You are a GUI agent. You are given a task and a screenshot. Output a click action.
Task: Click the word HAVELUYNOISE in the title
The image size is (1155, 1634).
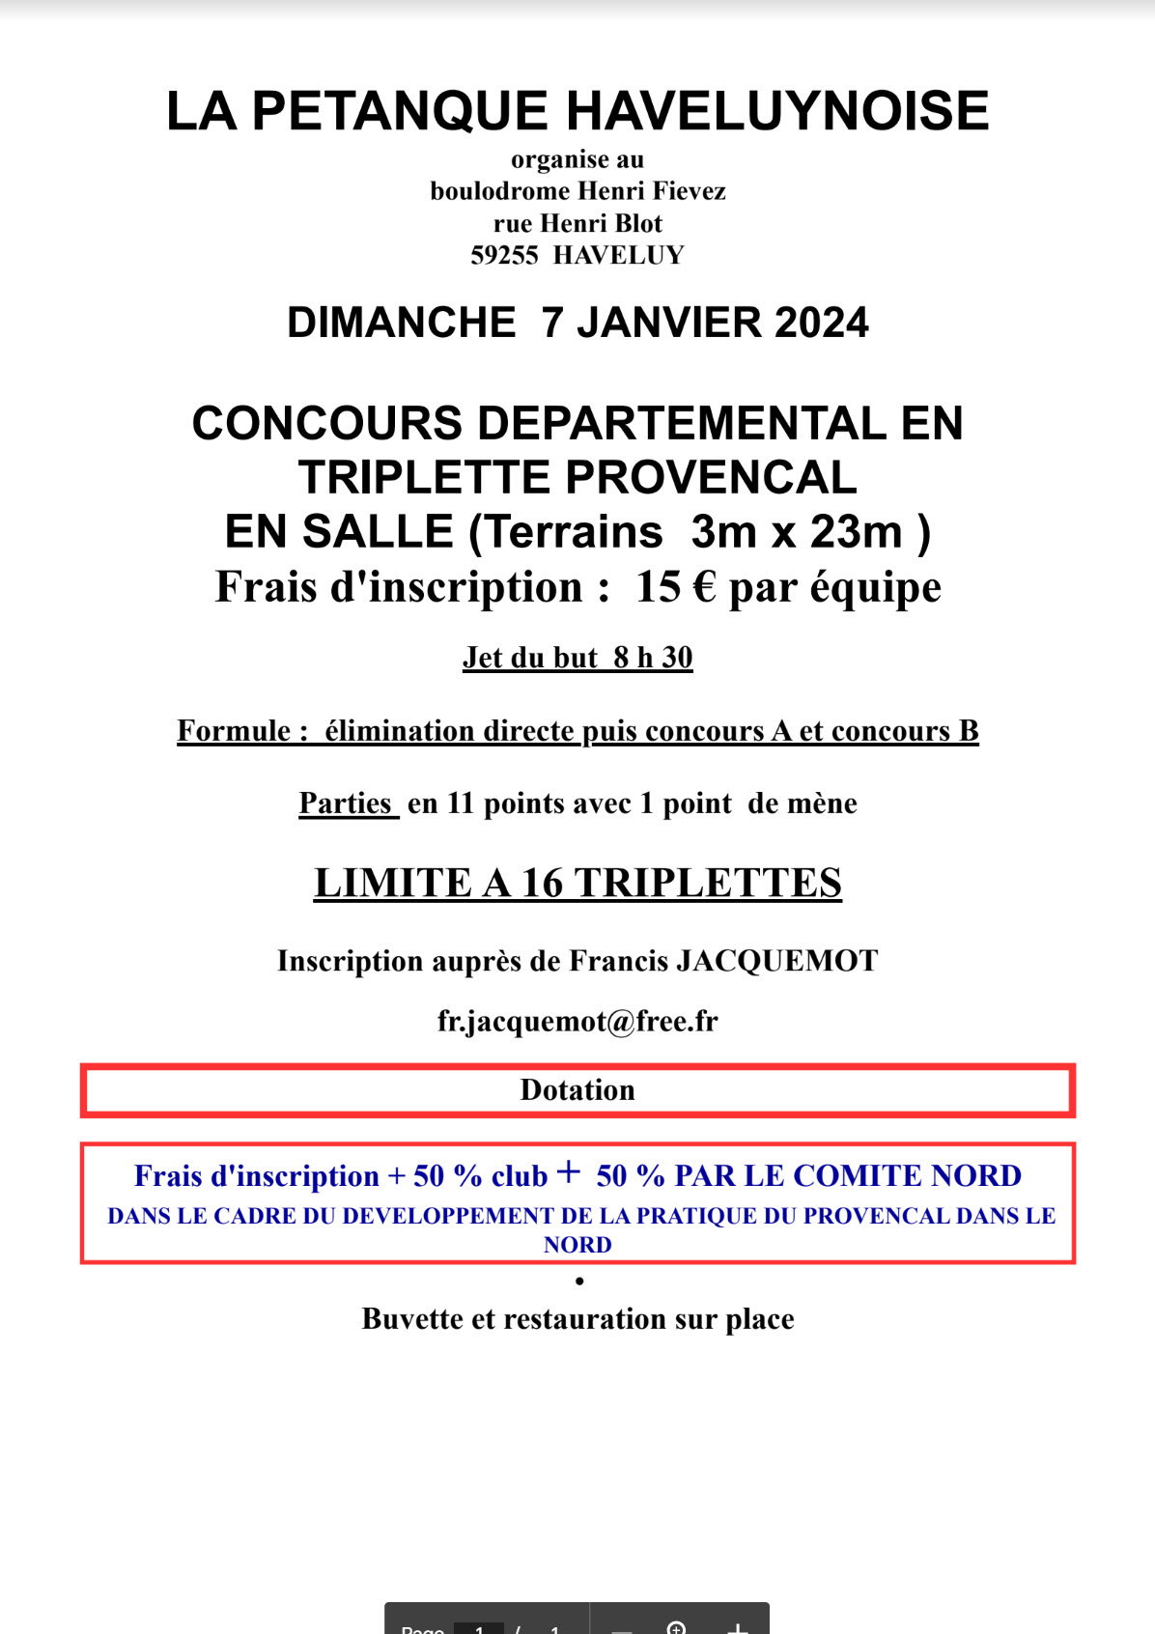point(777,111)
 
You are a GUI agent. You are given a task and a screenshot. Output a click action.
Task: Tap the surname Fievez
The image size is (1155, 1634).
point(690,191)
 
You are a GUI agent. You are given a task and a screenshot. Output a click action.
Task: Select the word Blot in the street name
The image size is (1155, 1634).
point(639,224)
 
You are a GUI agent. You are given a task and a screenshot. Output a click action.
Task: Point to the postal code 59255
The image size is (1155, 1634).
point(503,256)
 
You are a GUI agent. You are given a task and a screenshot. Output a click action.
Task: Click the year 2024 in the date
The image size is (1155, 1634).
point(821,323)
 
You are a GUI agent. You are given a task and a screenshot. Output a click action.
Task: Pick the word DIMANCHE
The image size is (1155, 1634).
point(401,323)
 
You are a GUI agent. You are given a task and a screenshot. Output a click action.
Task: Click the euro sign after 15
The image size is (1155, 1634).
point(705,587)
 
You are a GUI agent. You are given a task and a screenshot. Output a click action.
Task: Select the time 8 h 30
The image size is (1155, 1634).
point(653,658)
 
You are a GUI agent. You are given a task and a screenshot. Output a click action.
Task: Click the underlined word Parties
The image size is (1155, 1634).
point(346,803)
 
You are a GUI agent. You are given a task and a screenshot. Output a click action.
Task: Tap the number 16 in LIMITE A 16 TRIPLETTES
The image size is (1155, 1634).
point(542,883)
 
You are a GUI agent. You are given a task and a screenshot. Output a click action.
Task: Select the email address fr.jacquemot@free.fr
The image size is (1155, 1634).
point(577,1021)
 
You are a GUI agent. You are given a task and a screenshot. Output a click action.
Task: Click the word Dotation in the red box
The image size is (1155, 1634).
point(577,1090)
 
